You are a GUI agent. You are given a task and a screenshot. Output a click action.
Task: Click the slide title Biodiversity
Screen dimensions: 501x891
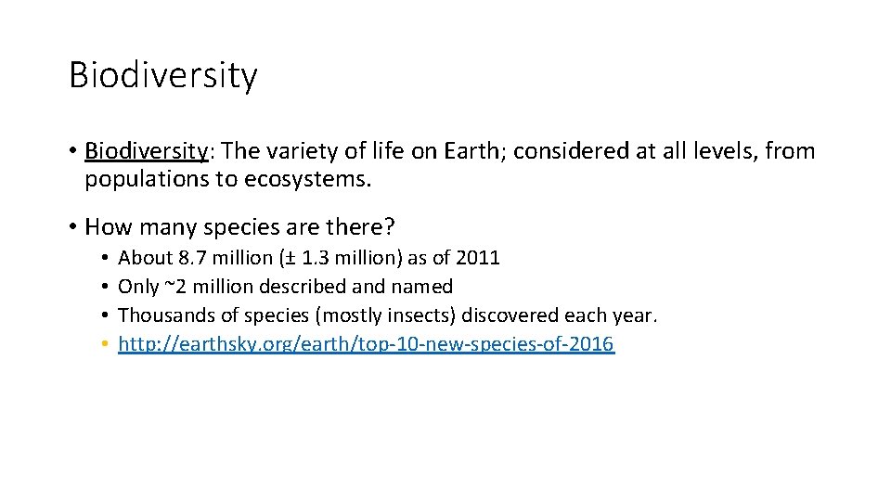(x=162, y=75)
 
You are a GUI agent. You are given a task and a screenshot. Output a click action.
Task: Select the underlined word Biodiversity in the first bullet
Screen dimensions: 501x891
(x=146, y=151)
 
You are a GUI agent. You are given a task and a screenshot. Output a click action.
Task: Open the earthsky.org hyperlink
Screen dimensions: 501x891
(x=366, y=345)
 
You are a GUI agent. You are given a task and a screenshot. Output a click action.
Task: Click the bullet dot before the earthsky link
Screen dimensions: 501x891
(x=108, y=345)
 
